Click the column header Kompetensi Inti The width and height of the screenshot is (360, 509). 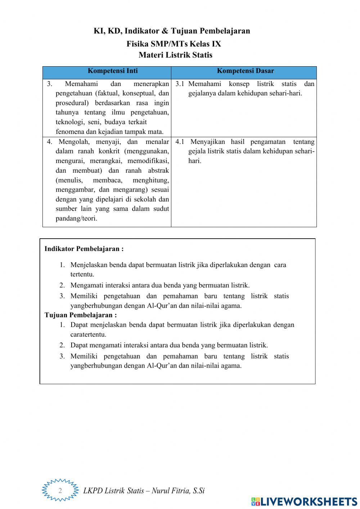pos(113,71)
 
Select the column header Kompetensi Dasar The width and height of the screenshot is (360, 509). pos(245,71)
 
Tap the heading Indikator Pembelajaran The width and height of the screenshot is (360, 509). pos(84,249)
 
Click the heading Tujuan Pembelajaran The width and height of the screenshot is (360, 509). pos(81,315)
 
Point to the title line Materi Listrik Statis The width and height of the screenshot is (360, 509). pos(175,55)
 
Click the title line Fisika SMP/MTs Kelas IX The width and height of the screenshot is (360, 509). pos(174,44)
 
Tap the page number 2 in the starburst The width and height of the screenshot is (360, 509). pos(60,490)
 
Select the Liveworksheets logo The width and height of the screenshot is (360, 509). pos(304,501)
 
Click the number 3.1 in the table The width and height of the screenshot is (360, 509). pos(180,84)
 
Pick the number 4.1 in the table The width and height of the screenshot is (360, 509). pos(180,142)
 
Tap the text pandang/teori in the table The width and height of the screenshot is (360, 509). pos(76,219)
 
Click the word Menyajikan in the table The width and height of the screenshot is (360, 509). pos(208,142)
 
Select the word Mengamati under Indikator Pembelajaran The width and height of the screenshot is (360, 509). pos(87,285)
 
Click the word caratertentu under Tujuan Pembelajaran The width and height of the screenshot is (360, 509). pos(88,334)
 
